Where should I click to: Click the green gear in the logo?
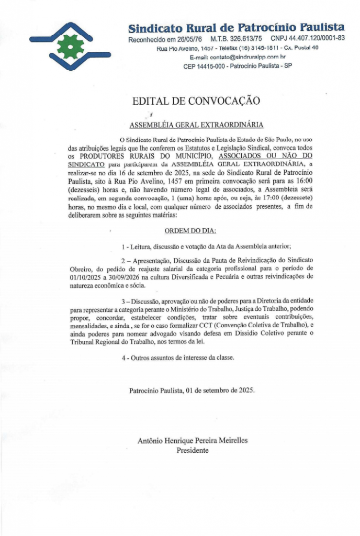pyautogui.click(x=67, y=47)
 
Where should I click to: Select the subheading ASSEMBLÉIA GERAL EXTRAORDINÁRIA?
pyautogui.click(x=196, y=125)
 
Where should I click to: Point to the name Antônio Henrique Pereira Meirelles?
pyautogui.click(x=193, y=440)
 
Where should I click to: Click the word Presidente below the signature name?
pyautogui.click(x=193, y=450)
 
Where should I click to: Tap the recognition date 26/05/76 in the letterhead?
pyautogui.click(x=189, y=39)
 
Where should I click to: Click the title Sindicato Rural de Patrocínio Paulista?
pyautogui.click(x=237, y=27)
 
